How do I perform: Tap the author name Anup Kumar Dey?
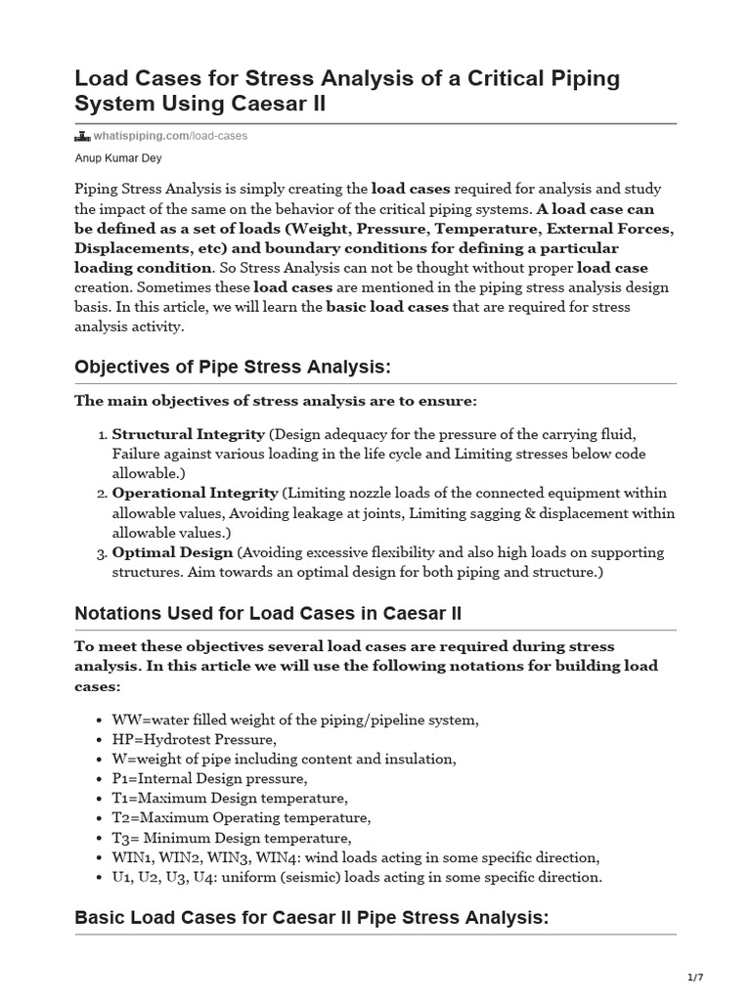(x=117, y=157)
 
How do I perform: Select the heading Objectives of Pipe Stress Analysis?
(x=233, y=367)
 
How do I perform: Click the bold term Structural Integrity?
(x=189, y=433)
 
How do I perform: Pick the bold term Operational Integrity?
(x=196, y=492)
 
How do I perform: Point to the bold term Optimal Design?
(x=173, y=552)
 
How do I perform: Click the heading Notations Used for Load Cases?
(x=268, y=614)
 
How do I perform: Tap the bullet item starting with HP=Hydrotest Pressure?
(x=195, y=739)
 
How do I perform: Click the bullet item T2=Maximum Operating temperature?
(x=242, y=817)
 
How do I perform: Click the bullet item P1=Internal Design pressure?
(x=209, y=778)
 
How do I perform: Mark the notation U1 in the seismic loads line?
(x=121, y=877)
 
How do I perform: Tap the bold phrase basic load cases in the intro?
(x=387, y=306)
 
